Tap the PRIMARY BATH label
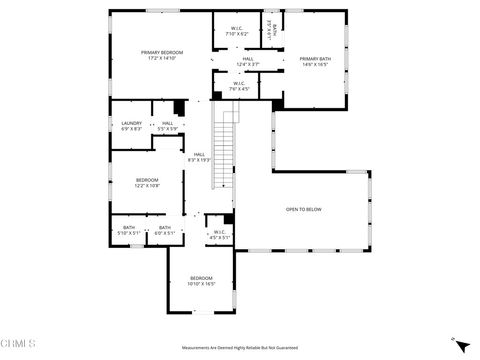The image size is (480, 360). pos(314,58)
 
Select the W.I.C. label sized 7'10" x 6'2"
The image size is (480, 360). pos(236,28)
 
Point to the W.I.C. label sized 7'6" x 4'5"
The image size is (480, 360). pos(239,84)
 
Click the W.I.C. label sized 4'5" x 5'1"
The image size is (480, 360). pos(220,233)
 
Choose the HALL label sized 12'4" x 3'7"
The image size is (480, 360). pos(247,59)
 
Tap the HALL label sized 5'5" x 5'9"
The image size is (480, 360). pos(167,124)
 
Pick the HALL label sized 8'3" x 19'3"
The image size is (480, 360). pos(199,155)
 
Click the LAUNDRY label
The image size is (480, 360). pos(132,124)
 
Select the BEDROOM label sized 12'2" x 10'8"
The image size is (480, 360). pos(147,180)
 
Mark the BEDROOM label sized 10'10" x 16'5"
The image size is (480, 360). pos(201,278)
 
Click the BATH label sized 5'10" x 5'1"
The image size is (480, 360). pos(129,228)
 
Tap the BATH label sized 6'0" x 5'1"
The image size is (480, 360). pos(165,228)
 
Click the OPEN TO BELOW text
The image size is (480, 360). pos(304,209)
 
